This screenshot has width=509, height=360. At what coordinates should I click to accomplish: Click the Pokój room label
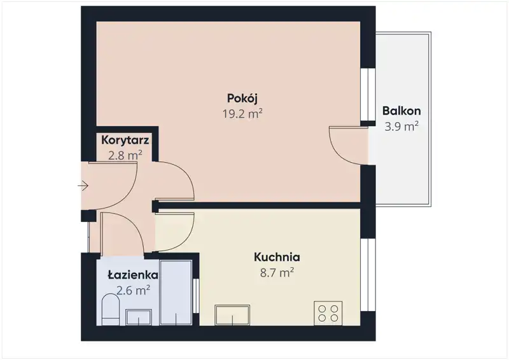tap(242, 98)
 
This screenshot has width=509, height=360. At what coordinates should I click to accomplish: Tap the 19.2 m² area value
tap(242, 114)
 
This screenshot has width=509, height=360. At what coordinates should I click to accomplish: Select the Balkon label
tap(401, 111)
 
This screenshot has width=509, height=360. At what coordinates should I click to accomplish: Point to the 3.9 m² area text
tap(401, 127)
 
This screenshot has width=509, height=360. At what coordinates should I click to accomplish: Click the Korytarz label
tap(125, 140)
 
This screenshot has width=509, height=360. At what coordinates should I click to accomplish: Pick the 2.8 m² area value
tap(125, 155)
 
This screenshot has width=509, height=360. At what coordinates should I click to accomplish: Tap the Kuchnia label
tap(277, 257)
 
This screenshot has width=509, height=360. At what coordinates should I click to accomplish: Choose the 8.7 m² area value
tap(277, 273)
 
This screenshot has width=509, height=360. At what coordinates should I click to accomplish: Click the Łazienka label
tap(133, 275)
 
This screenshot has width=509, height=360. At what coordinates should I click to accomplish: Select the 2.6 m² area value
tap(133, 290)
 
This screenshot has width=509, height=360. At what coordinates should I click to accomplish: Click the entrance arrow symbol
tap(83, 186)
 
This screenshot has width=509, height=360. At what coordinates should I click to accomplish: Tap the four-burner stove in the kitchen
tap(328, 314)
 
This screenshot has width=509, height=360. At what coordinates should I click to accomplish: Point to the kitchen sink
tap(232, 315)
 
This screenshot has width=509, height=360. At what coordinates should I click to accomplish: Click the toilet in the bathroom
tap(111, 310)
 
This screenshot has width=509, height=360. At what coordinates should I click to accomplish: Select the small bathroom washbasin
tap(139, 317)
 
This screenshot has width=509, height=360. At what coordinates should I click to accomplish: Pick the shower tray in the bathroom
tap(176, 293)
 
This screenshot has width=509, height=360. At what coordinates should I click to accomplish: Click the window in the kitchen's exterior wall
tap(368, 275)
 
